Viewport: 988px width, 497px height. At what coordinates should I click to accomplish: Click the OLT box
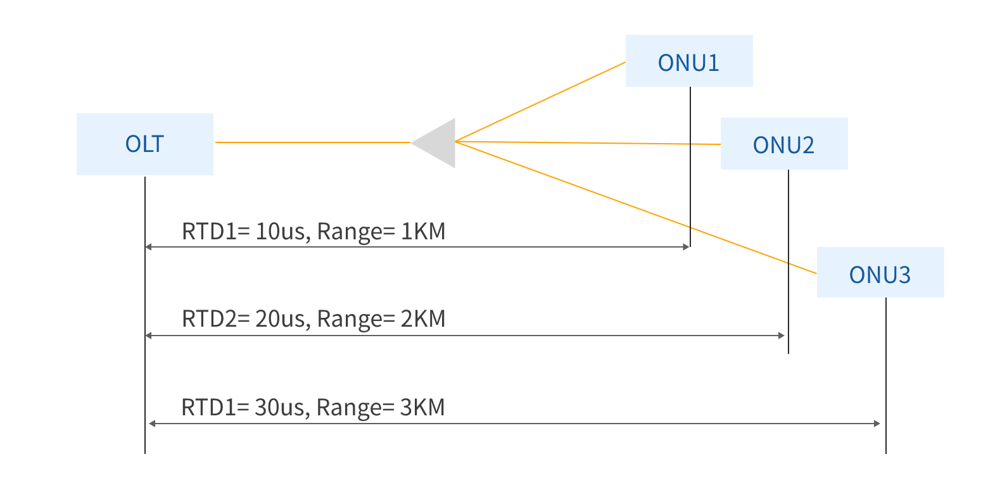point(144,144)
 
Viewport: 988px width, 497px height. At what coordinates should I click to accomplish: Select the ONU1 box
point(688,61)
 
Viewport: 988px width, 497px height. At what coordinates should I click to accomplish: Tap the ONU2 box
point(783,144)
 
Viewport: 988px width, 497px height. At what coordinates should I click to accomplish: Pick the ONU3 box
point(880,272)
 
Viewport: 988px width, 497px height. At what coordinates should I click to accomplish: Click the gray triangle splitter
point(438,142)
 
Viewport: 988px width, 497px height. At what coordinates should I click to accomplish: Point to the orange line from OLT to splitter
point(313,142)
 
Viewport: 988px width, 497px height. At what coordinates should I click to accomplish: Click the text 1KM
point(423,231)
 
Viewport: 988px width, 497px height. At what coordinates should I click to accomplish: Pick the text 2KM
point(423,318)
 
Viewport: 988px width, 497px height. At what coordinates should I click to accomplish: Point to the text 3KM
point(422,406)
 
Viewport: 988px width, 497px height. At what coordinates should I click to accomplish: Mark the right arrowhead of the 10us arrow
point(687,247)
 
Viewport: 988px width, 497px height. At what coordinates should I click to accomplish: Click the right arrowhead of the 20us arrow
point(783,336)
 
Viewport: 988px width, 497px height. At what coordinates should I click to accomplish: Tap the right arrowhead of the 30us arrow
point(877,423)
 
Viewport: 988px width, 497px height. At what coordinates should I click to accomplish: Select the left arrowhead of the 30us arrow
point(151,423)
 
